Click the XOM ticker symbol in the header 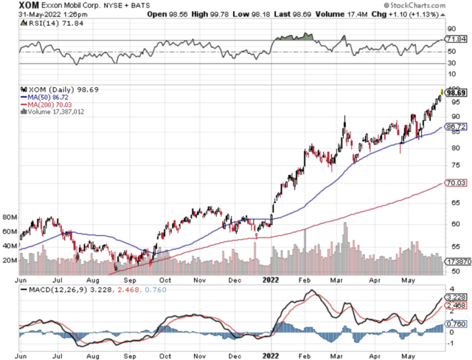coord(29,5)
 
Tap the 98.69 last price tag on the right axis coord(456,93)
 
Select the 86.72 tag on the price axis coord(456,127)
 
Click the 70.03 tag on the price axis coord(456,182)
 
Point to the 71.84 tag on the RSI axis coord(456,39)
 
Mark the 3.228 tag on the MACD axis coord(456,297)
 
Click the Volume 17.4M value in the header coord(352,14)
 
